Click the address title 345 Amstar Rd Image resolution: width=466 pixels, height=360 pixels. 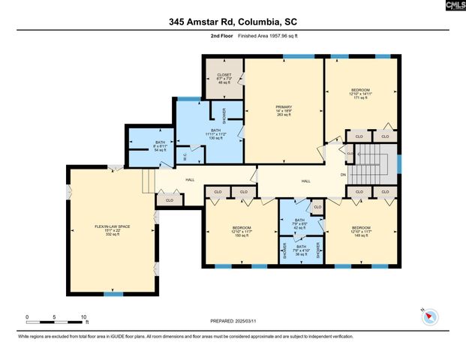point(233,22)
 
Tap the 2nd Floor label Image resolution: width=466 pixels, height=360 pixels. point(221,35)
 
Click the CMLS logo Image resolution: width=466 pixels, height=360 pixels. point(454,5)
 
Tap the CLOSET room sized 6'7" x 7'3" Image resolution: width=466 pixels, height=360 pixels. point(224,79)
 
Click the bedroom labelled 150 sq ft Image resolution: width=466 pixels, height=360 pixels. point(242,232)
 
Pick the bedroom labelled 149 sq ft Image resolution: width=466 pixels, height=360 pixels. point(362,232)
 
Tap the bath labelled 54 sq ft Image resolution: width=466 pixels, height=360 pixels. point(160,146)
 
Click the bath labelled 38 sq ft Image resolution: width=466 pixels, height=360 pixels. point(301,250)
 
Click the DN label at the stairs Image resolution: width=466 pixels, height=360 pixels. point(342,175)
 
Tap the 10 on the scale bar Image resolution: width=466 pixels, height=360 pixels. point(84,316)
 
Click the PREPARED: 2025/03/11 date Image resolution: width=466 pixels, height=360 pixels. point(233,321)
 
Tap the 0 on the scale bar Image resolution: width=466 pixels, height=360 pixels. point(27,316)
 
